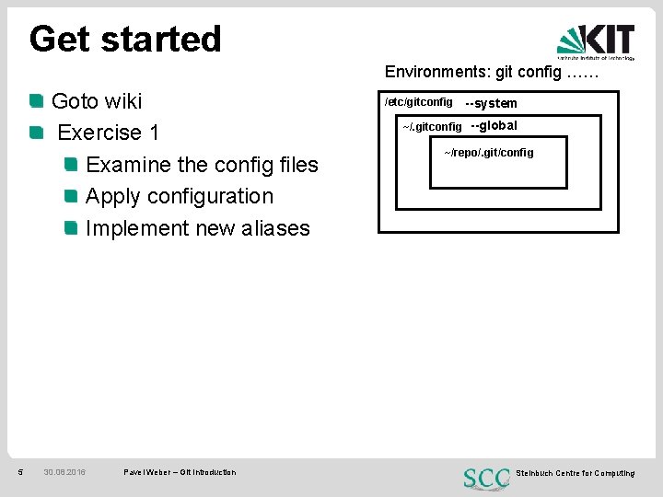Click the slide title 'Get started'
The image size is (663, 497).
[125, 39]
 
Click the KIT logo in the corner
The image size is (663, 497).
[596, 41]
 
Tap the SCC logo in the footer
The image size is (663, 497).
[487, 478]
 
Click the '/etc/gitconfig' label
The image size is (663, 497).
[419, 102]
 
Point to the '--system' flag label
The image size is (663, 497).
[492, 103]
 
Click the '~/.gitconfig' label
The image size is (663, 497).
[432, 126]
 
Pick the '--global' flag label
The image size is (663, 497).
[494, 125]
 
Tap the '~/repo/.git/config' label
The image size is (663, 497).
[489, 152]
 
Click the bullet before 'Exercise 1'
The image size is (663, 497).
[36, 133]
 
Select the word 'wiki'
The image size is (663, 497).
[123, 100]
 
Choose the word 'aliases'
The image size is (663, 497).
[274, 228]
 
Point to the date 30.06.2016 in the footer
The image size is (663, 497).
[64, 472]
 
